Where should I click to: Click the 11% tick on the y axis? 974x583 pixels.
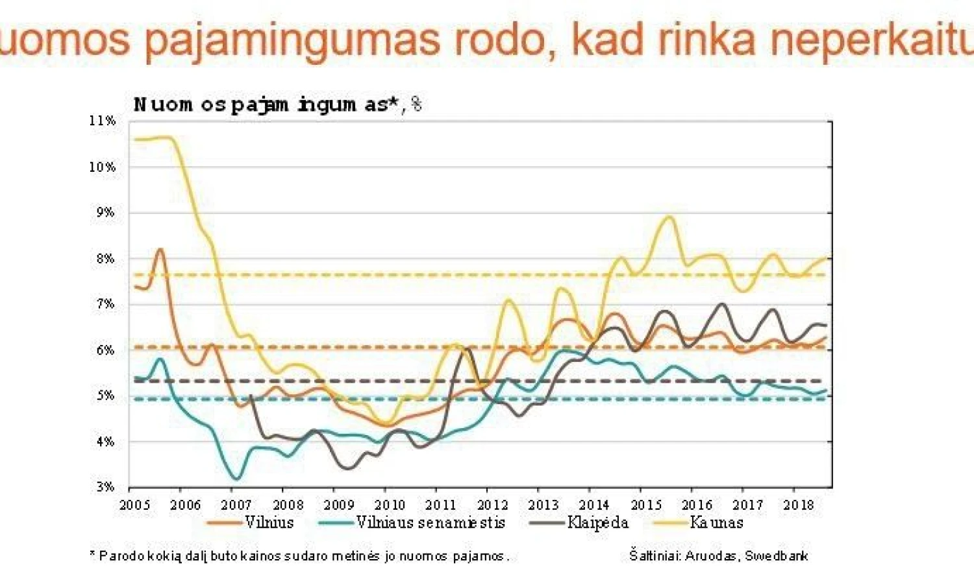103,121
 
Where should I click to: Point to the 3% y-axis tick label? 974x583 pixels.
105,486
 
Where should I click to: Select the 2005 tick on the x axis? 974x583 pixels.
134,505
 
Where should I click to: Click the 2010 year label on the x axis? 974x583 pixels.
390,505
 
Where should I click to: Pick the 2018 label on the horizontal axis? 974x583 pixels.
798,505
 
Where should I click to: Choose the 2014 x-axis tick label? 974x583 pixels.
593,505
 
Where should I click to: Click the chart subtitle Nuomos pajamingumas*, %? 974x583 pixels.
277,104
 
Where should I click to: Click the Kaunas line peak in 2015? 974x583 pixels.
669,217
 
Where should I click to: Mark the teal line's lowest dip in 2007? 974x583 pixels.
236,479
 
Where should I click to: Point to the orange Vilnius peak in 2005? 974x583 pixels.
160,249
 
